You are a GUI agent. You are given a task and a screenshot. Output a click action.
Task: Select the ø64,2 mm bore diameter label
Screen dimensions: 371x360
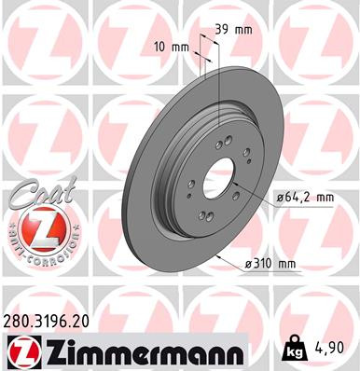[x=304, y=197]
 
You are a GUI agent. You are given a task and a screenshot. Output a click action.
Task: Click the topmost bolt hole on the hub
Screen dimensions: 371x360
[x=228, y=141]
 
